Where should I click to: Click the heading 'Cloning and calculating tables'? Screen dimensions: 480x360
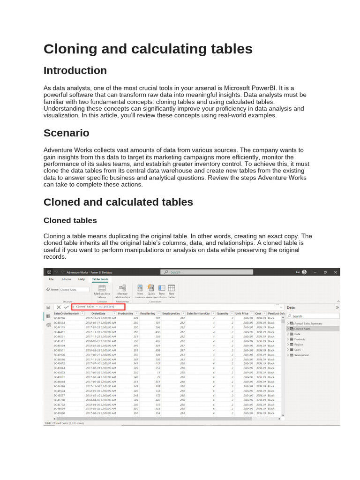pyautogui.click(x=148, y=49)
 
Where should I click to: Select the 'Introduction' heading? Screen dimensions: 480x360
pyautogui.click(x=75, y=71)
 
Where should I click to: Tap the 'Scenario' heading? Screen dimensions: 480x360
pyautogui.click(x=66, y=133)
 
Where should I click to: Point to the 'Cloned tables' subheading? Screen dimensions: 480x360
pyautogui.click(x=70, y=220)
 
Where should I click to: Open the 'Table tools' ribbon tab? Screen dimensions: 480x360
pyautogui.click(x=100, y=279)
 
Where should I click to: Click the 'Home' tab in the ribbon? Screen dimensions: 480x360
pyautogui.click(x=67, y=279)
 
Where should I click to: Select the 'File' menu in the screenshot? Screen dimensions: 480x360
pyautogui.click(x=52, y=279)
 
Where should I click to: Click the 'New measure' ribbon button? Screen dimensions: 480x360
pyautogui.click(x=140, y=291)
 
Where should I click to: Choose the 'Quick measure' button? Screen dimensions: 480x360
pyautogui.click(x=151, y=291)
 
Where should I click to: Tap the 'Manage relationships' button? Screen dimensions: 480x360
pyautogui.click(x=122, y=291)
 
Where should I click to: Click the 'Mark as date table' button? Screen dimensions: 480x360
pyautogui.click(x=102, y=291)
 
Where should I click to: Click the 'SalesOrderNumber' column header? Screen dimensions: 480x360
pyautogui.click(x=67, y=313)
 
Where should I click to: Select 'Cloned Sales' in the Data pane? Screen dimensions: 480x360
pyautogui.click(x=304, y=329)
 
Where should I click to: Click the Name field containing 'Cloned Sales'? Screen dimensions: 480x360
pyautogui.click(x=74, y=290)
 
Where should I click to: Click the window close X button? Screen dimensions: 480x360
pyautogui.click(x=335, y=272)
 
